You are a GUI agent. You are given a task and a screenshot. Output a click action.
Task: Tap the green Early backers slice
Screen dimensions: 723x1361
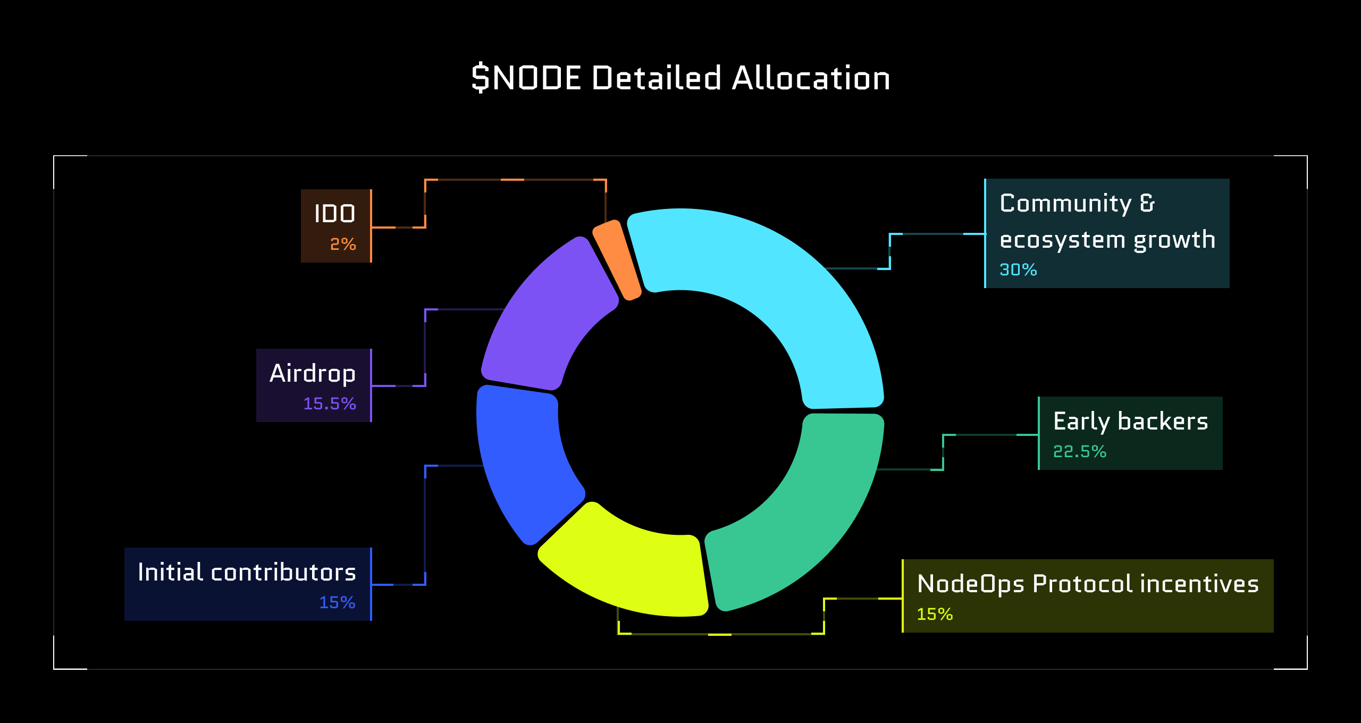pos(797,510)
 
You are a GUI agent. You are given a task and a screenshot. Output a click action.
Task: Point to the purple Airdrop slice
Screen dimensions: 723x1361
pos(548,319)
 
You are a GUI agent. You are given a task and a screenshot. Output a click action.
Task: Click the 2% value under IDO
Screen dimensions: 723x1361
pos(343,244)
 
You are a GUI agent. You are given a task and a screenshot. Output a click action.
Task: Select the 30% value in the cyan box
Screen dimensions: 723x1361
pos(1018,270)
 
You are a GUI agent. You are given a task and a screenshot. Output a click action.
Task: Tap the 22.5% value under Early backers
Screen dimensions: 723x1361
pos(1079,451)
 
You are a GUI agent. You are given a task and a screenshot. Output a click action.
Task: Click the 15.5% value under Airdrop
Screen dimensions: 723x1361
pos(329,403)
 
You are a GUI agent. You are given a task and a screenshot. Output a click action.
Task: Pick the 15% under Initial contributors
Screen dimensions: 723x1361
pos(337,602)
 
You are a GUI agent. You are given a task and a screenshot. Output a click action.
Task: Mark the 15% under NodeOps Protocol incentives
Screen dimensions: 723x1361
pos(935,614)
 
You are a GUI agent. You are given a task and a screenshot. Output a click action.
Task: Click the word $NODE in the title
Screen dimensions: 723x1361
pos(526,78)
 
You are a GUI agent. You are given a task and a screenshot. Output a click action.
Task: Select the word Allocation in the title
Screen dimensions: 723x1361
pos(810,78)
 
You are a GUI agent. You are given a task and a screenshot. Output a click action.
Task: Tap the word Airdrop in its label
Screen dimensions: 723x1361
pos(313,373)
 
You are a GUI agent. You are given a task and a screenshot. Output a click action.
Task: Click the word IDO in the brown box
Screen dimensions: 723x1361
pos(334,214)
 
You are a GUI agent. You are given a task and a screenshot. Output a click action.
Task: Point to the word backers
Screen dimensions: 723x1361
pos(1163,421)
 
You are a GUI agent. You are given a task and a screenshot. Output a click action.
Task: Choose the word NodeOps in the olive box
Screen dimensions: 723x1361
pos(971,584)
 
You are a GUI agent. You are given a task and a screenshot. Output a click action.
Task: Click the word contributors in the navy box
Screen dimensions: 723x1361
pos(283,572)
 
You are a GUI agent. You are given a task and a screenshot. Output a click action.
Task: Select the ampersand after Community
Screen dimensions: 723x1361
pos(1147,203)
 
